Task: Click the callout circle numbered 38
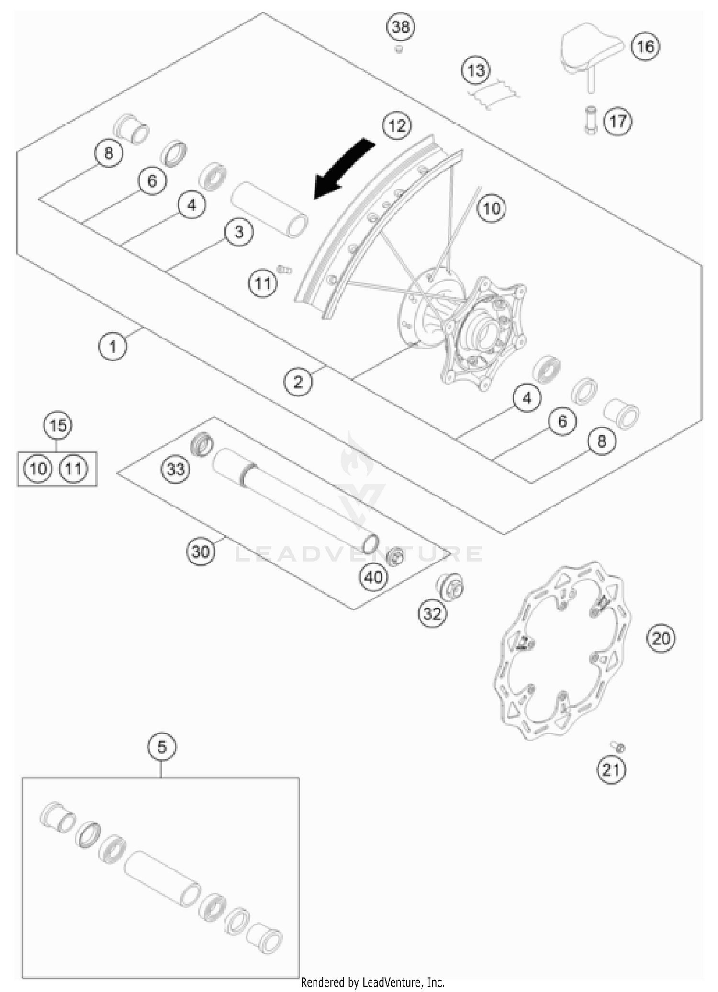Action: [401, 27]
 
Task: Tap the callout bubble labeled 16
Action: [645, 46]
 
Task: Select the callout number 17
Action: [617, 121]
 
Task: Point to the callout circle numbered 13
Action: [476, 70]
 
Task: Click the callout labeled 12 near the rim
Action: [397, 126]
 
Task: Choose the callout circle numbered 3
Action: [238, 233]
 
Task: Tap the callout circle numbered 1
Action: [113, 346]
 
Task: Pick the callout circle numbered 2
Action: [298, 382]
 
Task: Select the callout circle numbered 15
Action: [58, 425]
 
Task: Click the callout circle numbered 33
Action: [175, 469]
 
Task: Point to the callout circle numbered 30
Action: [201, 552]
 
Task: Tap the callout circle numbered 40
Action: [373, 577]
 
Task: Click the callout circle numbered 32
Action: [432, 613]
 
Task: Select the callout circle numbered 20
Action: [661, 638]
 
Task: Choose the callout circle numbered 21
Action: [611, 770]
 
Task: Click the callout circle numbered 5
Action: [162, 747]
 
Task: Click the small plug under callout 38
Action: [399, 49]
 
